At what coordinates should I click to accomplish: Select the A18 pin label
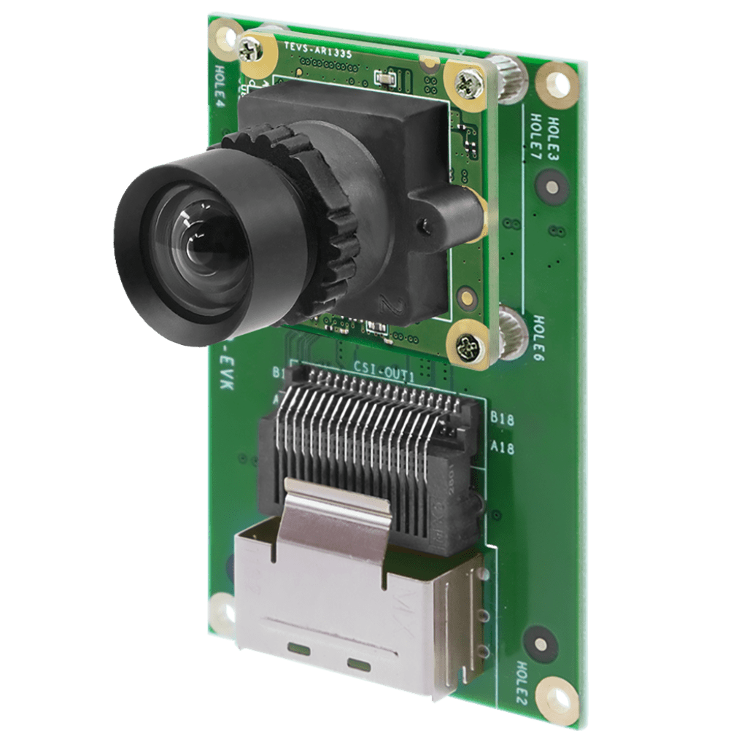click(503, 447)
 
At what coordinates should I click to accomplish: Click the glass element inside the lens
click(197, 241)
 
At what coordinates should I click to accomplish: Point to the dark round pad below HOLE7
click(550, 188)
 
